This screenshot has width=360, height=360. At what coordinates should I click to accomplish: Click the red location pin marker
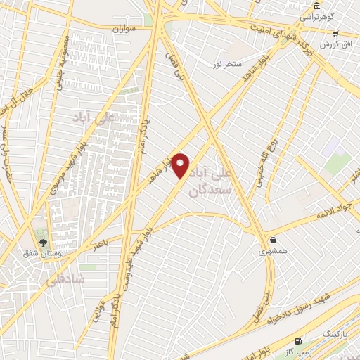[181, 166]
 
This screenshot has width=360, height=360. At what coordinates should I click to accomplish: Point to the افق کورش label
[336, 44]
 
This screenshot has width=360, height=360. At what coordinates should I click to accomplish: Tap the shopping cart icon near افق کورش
[335, 33]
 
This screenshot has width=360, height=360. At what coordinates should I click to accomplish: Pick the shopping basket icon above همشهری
[272, 240]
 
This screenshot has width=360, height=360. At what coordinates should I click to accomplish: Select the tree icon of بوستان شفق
[44, 242]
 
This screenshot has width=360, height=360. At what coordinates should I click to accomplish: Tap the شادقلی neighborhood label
[63, 279]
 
